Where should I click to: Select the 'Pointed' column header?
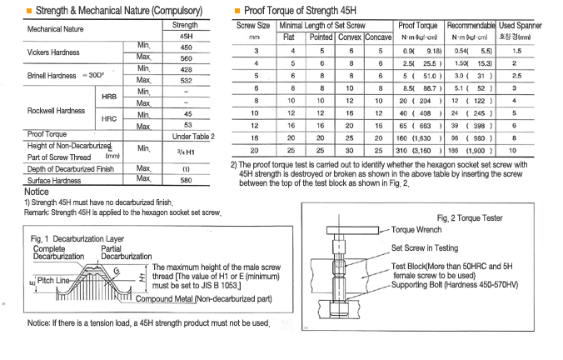coord(321,37)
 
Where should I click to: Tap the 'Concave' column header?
coord(378,37)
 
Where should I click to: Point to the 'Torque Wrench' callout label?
coord(419,229)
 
